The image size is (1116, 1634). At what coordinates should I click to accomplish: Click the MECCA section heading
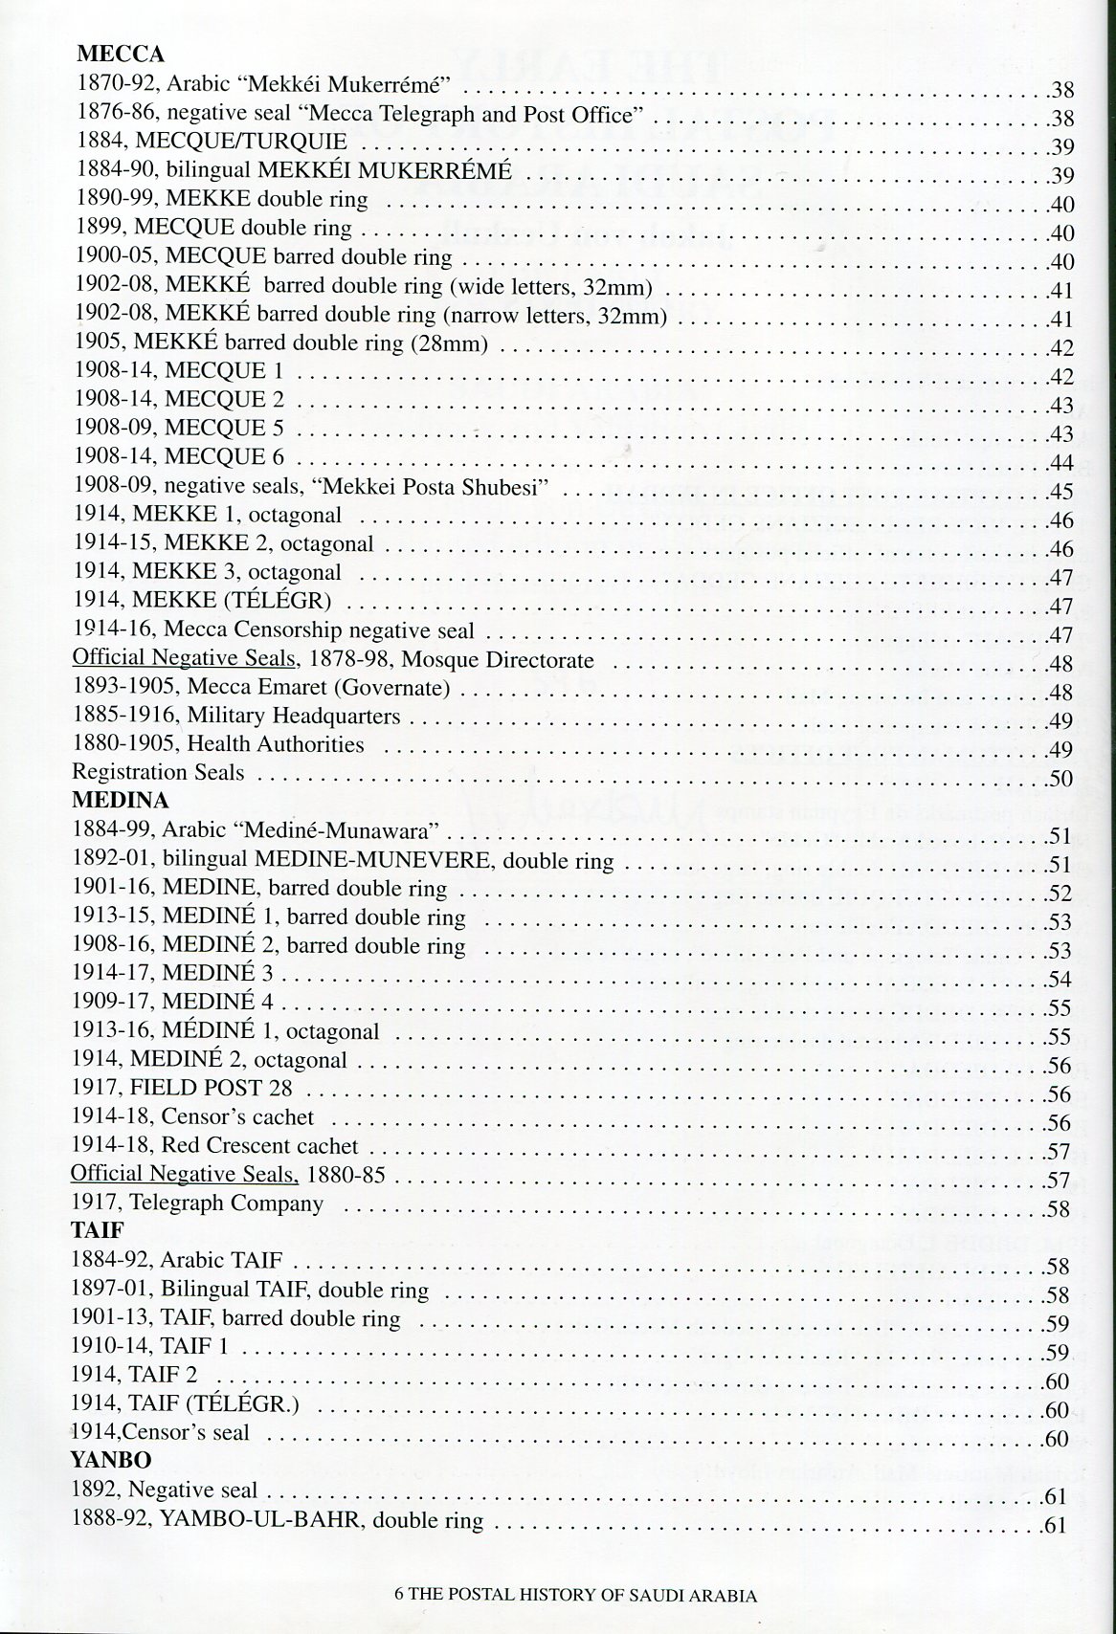(120, 55)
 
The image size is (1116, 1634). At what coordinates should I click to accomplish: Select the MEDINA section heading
(120, 800)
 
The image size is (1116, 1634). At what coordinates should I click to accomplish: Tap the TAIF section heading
(98, 1230)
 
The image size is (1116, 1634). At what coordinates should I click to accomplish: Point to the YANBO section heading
(111, 1460)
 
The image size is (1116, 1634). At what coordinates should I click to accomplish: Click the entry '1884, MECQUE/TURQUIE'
(212, 142)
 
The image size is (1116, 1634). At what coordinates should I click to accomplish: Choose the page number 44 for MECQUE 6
(1060, 464)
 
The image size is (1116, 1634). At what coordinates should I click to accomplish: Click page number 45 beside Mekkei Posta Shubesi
(1060, 493)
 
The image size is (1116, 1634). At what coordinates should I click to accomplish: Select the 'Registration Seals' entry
(158, 772)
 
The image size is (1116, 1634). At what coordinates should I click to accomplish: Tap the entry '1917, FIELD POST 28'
(182, 1088)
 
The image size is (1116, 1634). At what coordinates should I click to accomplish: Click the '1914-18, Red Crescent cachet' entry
(214, 1145)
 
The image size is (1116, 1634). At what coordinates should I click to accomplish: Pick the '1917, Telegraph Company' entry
(197, 1203)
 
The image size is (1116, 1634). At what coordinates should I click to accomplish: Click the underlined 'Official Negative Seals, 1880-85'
(228, 1174)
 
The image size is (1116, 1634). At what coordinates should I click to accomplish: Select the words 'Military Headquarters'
(294, 716)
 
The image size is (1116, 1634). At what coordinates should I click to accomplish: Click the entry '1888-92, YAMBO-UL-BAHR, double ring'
(278, 1520)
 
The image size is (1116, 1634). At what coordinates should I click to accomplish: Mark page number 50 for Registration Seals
(1060, 780)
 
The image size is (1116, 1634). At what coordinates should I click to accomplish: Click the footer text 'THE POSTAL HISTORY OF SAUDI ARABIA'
(583, 1595)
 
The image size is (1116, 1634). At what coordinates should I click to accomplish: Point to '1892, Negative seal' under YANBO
(165, 1490)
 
